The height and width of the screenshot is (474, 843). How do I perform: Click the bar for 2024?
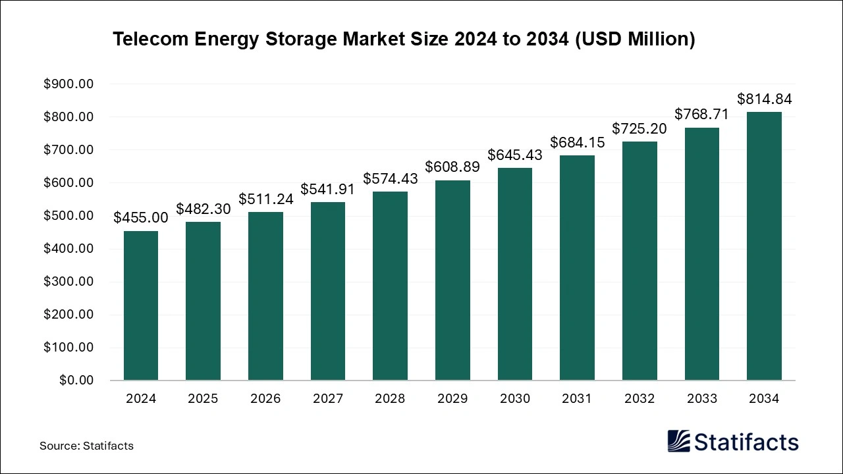[140, 305]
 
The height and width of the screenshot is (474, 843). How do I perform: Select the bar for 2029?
[452, 280]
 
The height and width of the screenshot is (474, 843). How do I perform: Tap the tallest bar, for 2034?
[764, 246]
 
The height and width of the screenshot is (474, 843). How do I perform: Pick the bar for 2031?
[577, 267]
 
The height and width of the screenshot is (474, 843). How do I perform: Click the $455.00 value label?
[140, 218]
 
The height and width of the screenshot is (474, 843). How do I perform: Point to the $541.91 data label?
[327, 190]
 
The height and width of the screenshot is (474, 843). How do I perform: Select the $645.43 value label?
[514, 155]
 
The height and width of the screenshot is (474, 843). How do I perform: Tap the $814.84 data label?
[764, 99]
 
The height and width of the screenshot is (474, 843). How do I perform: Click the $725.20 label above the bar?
[639, 129]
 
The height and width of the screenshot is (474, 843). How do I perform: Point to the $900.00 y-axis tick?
[68, 84]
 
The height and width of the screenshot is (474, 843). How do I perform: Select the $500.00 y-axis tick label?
[68, 216]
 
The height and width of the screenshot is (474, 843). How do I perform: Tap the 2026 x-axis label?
[265, 399]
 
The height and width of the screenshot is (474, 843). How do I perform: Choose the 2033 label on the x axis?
[701, 399]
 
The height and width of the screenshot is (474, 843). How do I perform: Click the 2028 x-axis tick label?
[390, 399]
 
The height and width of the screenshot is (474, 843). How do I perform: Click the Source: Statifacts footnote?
[86, 446]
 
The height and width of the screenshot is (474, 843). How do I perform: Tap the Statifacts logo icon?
[679, 441]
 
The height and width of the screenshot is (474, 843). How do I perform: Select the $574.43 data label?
[390, 179]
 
